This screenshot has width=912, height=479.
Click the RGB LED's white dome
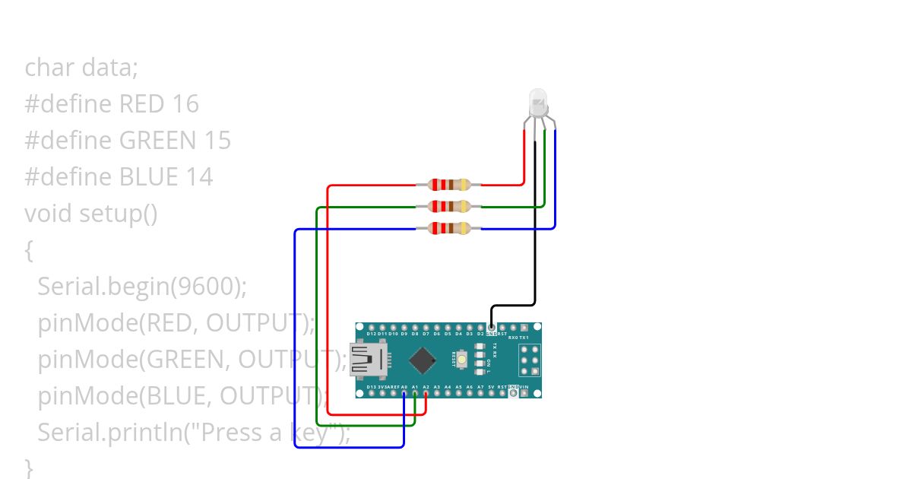click(537, 101)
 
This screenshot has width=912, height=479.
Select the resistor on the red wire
click(449, 185)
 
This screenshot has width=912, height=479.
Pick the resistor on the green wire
click(449, 206)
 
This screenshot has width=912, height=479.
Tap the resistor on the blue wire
click(449, 228)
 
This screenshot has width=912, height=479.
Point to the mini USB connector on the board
click(368, 360)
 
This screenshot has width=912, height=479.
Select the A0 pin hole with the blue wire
click(404, 394)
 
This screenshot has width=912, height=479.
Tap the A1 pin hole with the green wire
click(415, 394)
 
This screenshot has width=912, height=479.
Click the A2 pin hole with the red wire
click(426, 394)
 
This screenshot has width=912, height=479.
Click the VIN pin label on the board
click(524, 388)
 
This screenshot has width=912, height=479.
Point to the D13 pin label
click(370, 388)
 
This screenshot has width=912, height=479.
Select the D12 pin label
click(371, 334)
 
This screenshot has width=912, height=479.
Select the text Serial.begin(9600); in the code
click(142, 286)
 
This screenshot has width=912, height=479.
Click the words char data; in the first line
click(81, 68)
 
